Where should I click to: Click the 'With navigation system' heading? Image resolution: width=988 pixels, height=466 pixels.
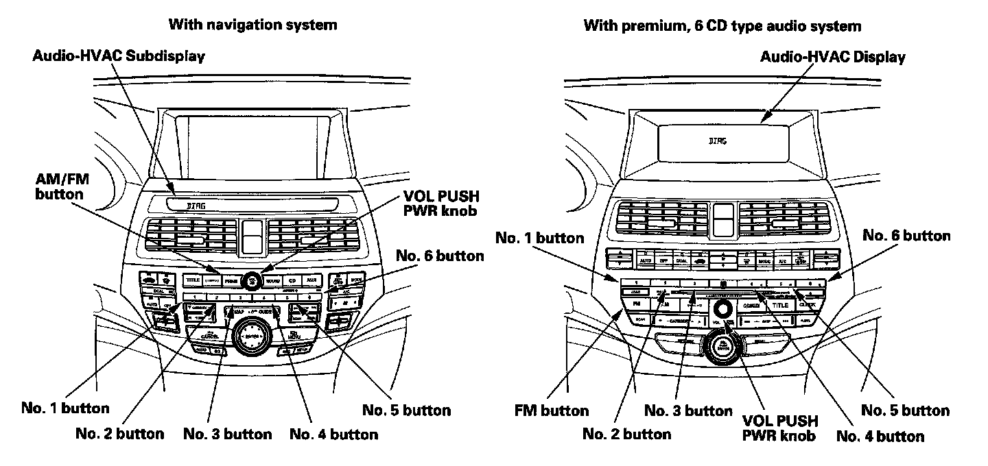[x=252, y=25]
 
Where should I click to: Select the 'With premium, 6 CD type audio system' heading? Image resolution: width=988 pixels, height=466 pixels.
[x=722, y=27]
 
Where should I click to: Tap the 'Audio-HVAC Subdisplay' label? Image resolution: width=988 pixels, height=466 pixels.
[x=118, y=56]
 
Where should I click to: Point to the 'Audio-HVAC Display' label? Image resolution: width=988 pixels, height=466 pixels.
[x=832, y=57]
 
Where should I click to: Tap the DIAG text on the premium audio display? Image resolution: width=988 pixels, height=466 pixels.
[x=716, y=140]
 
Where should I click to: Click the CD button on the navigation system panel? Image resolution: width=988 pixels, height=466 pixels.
[x=292, y=280]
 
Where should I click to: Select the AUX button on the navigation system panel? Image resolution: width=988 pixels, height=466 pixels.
[x=311, y=280]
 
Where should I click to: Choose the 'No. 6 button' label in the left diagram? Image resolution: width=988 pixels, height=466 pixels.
[x=440, y=256]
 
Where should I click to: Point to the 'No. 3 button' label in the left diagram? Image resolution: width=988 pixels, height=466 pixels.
[x=227, y=434]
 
